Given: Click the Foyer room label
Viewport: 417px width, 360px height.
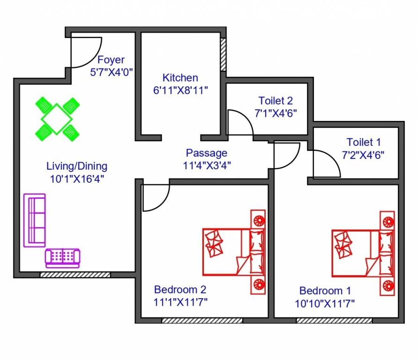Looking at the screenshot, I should (111, 60).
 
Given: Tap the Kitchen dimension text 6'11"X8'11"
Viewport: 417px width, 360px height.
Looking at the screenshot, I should (180, 90).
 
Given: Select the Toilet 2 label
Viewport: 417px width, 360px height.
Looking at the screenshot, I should (276, 100).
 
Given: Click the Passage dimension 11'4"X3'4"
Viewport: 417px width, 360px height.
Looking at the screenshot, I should (207, 165).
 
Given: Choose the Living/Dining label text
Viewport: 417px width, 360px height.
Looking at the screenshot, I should (77, 166).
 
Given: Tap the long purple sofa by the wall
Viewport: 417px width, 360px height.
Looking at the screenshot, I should (35, 220).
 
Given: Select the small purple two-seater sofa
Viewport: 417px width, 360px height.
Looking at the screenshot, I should (62, 257).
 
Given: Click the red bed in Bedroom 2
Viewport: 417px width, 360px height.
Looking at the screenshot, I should (234, 251).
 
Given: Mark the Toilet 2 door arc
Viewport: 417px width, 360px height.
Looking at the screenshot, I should (239, 124).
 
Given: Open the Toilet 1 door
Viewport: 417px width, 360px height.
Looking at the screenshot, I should (326, 164).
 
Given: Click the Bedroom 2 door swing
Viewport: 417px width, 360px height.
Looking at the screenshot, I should (155, 197).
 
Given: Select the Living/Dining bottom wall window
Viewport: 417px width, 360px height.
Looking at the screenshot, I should (75, 274).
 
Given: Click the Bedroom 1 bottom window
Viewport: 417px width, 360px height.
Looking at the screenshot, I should (335, 321).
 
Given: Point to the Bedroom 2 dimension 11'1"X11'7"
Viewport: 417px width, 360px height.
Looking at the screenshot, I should (180, 301).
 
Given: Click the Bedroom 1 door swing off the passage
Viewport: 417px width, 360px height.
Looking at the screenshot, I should (286, 155).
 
